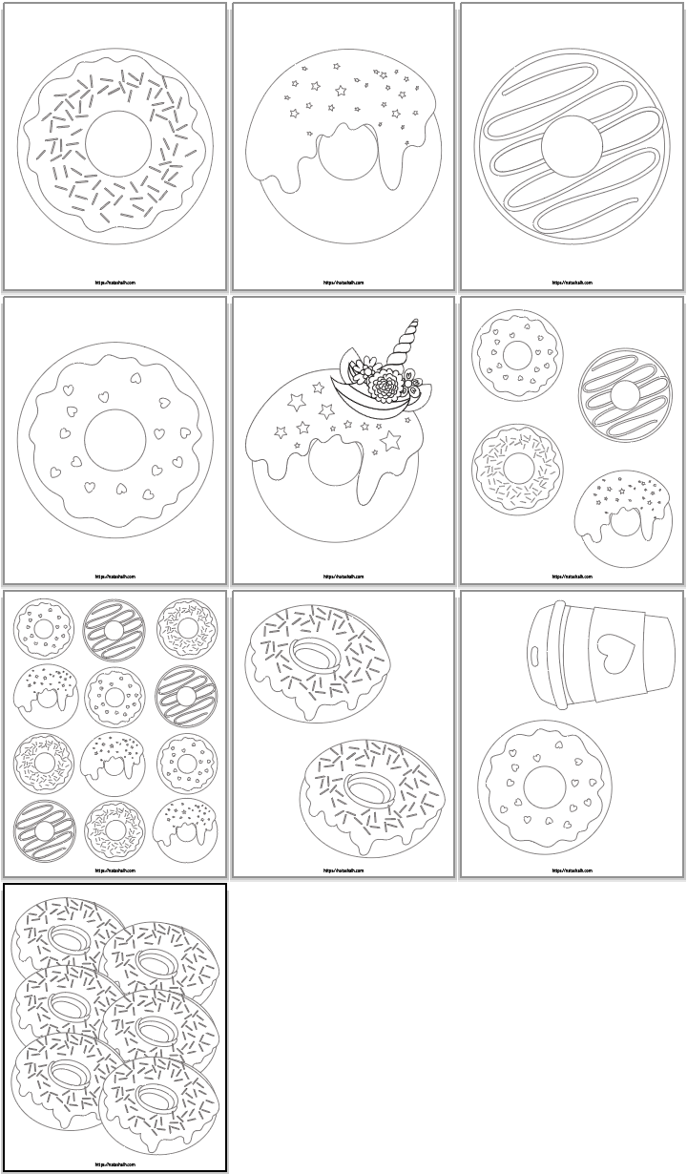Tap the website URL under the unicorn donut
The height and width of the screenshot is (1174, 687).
(343, 577)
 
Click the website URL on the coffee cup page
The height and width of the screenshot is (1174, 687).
(572, 870)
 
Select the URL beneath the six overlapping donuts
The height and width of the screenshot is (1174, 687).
(115, 1164)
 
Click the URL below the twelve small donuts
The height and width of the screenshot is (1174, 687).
(115, 870)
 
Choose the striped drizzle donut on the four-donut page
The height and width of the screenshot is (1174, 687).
(625, 393)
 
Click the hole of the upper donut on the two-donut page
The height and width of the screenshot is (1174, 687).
(314, 657)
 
